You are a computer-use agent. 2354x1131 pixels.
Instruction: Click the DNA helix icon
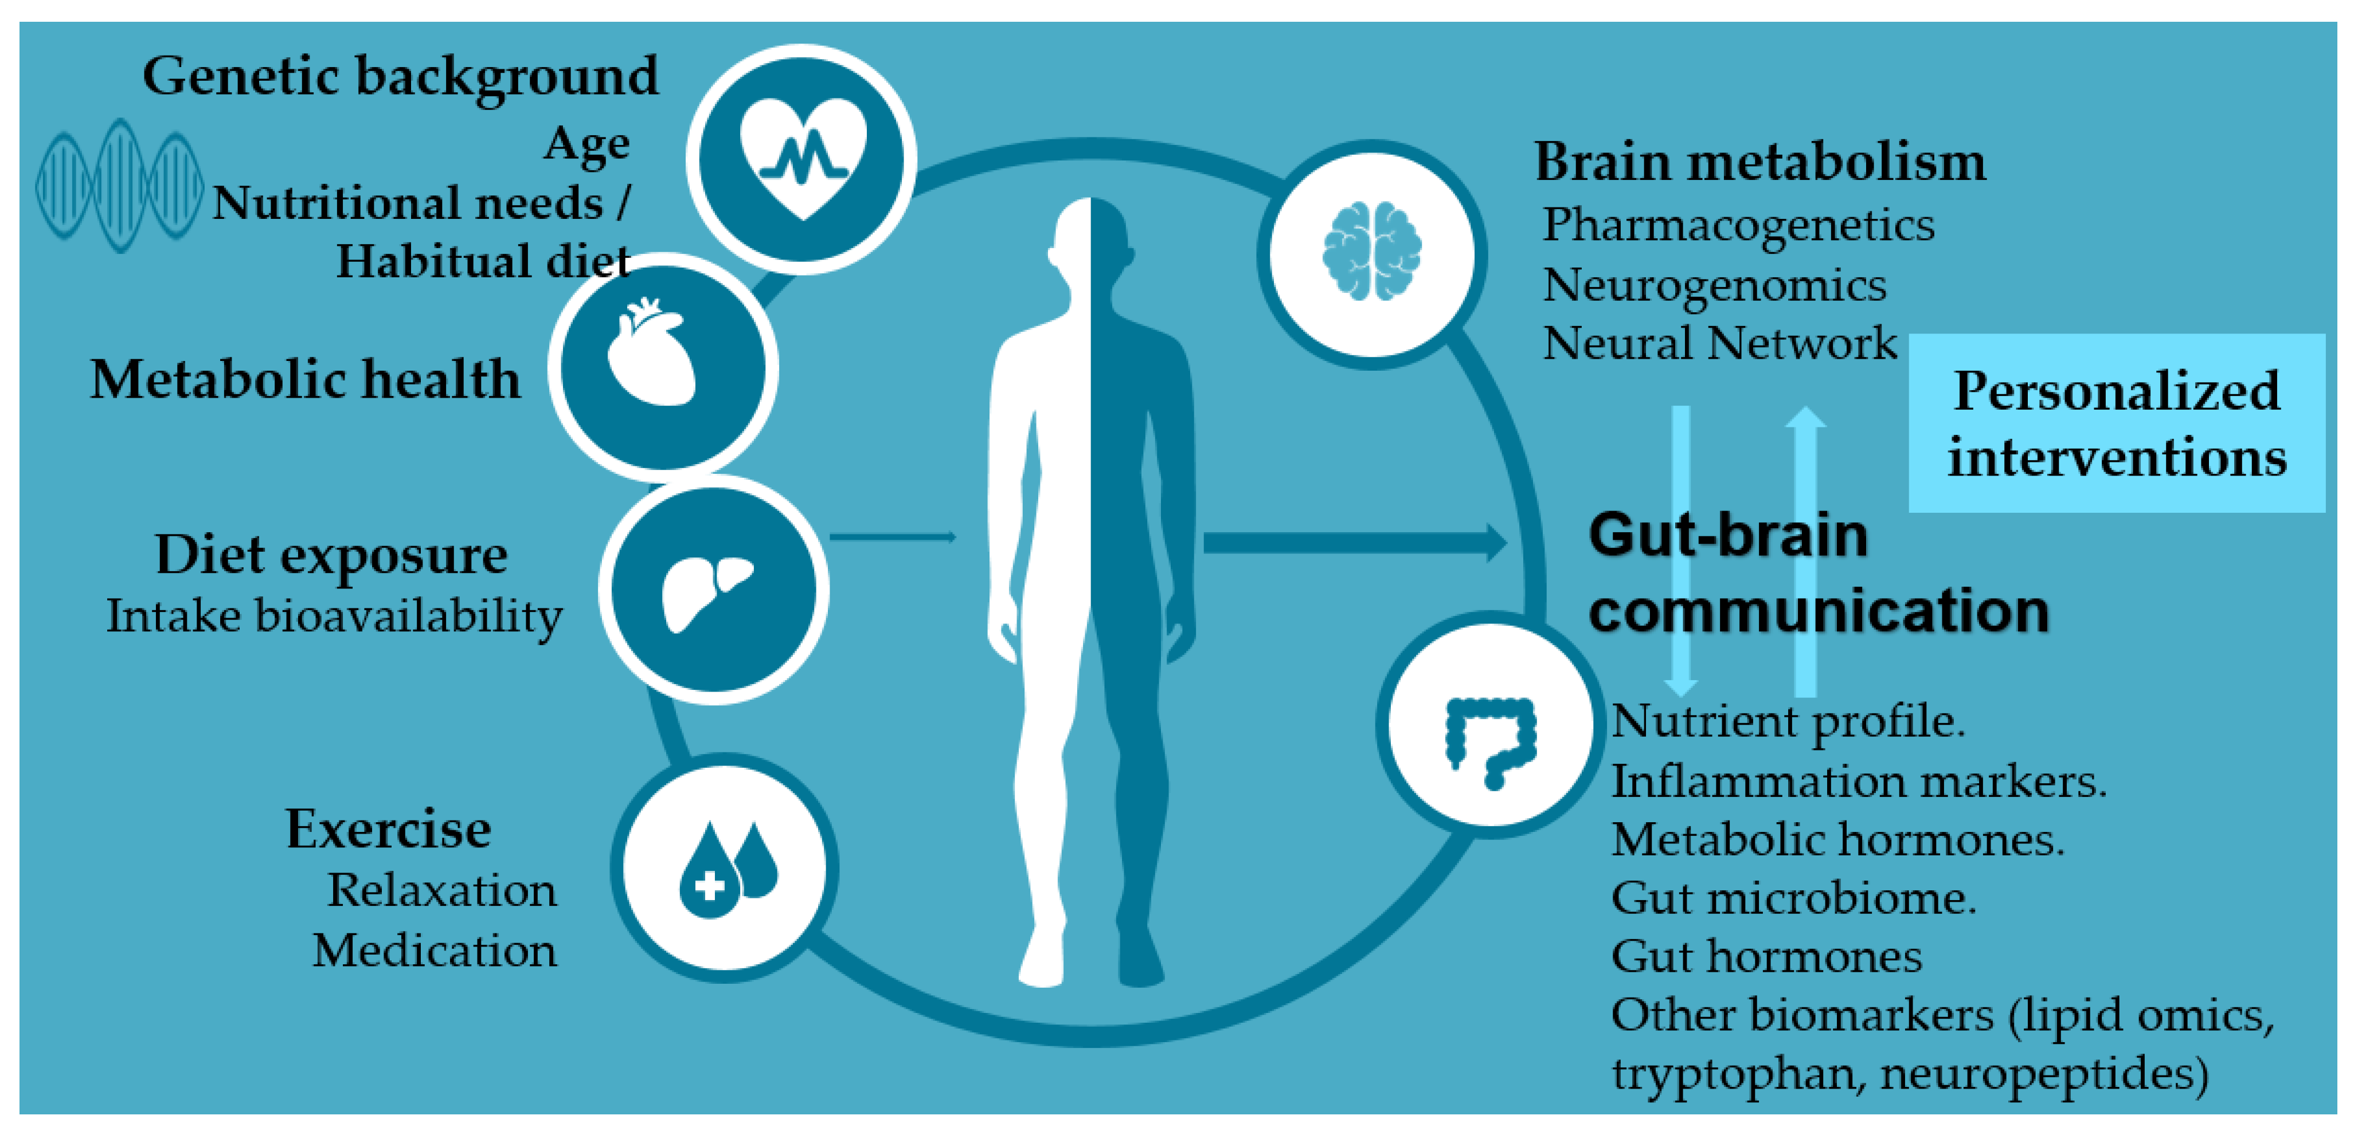[x=119, y=186]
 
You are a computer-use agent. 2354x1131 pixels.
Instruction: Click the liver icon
[x=706, y=591]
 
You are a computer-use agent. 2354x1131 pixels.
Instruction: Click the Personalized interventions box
[x=2117, y=423]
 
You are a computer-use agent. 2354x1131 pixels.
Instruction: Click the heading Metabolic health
[x=305, y=379]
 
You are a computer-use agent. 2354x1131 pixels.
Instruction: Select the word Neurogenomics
[x=1714, y=285]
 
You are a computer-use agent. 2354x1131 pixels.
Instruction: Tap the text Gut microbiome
[x=1793, y=898]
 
